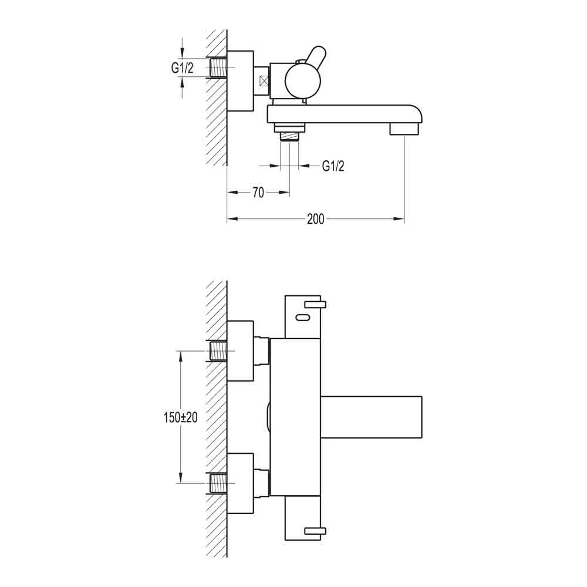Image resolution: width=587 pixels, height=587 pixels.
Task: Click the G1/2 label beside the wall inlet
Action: pos(182,68)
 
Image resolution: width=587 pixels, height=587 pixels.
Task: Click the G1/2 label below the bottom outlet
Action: pos(333,166)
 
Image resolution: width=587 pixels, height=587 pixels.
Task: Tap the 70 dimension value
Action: pos(258,193)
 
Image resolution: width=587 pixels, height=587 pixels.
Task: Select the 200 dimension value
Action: pos(315,220)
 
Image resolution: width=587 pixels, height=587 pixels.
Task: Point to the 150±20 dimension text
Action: pos(180,417)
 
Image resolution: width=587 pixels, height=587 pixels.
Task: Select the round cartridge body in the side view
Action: pos(302,82)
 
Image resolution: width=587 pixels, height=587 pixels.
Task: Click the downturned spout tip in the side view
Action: pos(405,127)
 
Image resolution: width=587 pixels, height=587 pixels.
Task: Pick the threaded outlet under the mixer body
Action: pos(289,136)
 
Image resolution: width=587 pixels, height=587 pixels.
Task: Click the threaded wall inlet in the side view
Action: pos(218,68)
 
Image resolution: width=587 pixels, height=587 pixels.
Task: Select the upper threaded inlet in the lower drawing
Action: pos(218,351)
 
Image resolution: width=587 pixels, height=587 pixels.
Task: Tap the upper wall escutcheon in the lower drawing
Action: pos(240,351)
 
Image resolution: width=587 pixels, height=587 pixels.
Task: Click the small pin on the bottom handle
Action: pos(315,531)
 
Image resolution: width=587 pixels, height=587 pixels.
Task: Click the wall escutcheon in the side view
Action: pos(240,80)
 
